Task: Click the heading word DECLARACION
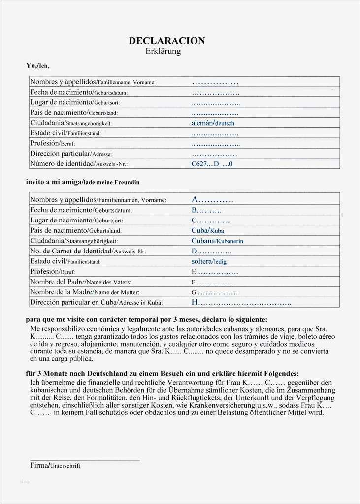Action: (166, 41)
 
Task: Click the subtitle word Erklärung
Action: (164, 51)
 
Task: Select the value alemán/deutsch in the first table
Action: (213, 123)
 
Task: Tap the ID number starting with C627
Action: (211, 164)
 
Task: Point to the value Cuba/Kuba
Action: (207, 230)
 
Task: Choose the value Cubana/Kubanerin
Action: (217, 241)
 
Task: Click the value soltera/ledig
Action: (209, 261)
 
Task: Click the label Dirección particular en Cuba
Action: (96, 303)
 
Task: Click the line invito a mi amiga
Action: (83, 182)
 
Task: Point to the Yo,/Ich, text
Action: (37, 65)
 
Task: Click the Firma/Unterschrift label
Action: (55, 465)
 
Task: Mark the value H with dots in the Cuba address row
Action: (241, 303)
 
